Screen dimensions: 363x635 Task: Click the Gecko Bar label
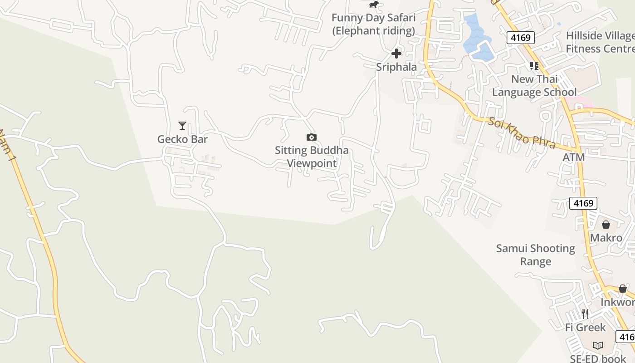pyautogui.click(x=182, y=139)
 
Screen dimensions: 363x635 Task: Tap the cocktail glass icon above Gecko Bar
pyautogui.click(x=182, y=125)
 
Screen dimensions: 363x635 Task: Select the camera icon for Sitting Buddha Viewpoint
pyautogui.click(x=312, y=137)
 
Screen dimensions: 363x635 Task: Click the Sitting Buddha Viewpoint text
pyautogui.click(x=312, y=157)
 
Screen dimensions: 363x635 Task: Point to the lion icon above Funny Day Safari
pyautogui.click(x=373, y=5)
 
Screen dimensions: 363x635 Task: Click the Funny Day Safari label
pyautogui.click(x=373, y=25)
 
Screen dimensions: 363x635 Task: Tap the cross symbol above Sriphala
pyautogui.click(x=396, y=54)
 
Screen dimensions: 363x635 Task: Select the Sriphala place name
pyautogui.click(x=396, y=67)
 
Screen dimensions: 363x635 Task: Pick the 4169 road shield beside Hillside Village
pyautogui.click(x=520, y=37)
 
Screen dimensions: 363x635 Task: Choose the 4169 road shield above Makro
pyautogui.click(x=583, y=203)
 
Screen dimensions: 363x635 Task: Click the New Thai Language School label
pyautogui.click(x=534, y=86)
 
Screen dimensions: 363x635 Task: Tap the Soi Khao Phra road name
pyautogui.click(x=522, y=133)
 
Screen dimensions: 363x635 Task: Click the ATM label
pyautogui.click(x=574, y=157)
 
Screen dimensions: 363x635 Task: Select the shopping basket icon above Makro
pyautogui.click(x=606, y=225)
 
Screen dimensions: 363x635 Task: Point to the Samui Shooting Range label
pyautogui.click(x=536, y=255)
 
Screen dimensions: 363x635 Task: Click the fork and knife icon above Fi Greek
pyautogui.click(x=585, y=314)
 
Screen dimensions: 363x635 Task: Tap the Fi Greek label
pyautogui.click(x=585, y=327)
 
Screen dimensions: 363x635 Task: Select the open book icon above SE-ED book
pyautogui.click(x=598, y=345)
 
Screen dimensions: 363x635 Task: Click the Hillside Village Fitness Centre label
pyautogui.click(x=600, y=42)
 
